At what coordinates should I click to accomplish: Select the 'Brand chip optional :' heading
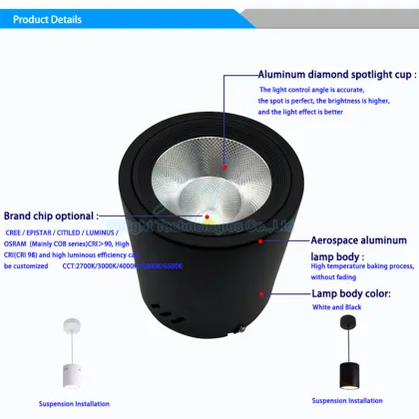click(x=50, y=214)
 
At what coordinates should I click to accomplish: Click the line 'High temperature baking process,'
click(x=360, y=266)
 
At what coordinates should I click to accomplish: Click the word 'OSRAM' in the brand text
click(x=18, y=243)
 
